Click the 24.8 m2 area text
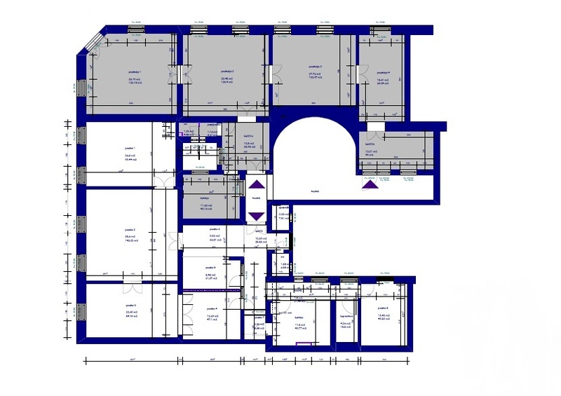(130, 156)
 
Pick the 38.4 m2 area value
(130, 236)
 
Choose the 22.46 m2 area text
(131, 312)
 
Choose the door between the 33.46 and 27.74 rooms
(269, 74)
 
